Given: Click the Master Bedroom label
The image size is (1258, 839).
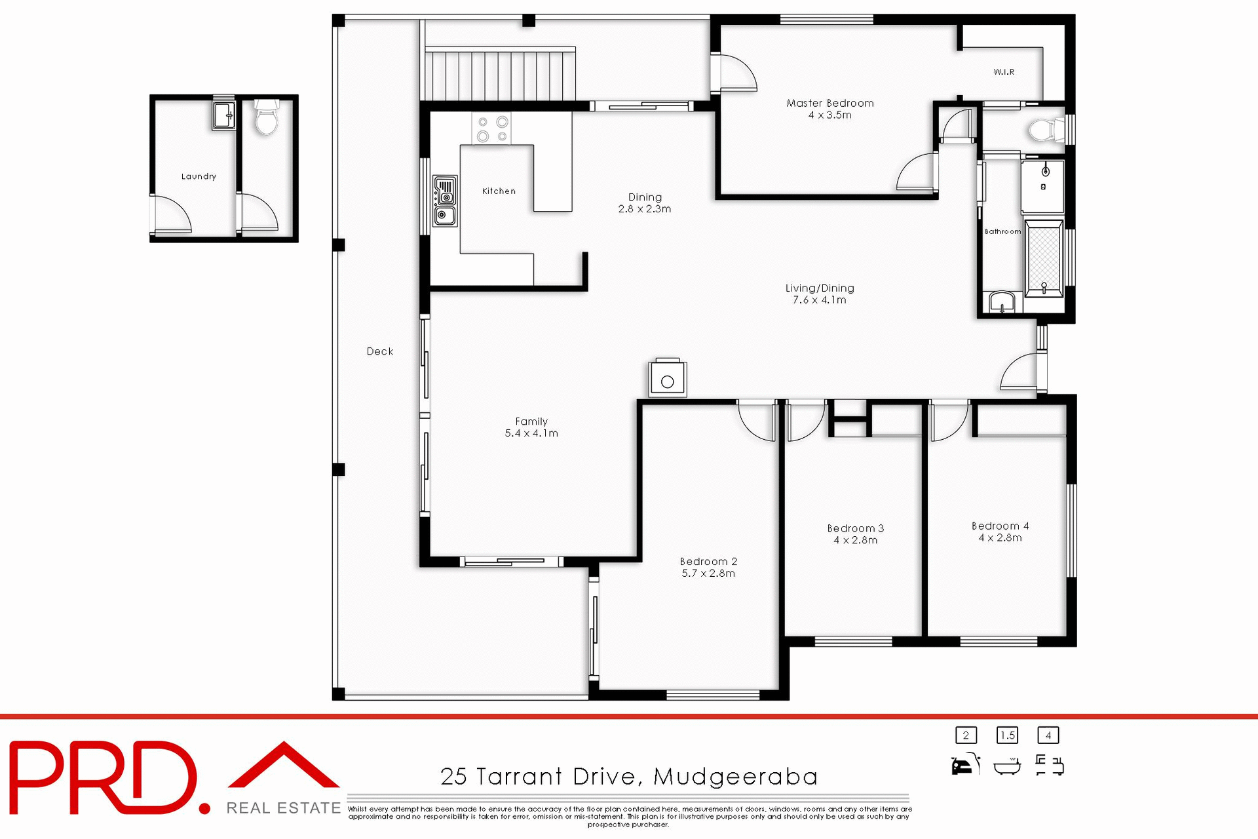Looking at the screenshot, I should (829, 103).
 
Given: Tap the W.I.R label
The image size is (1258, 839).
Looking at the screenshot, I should (1003, 72).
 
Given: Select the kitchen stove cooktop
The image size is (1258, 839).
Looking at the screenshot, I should (491, 128).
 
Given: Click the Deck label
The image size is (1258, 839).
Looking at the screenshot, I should (380, 351).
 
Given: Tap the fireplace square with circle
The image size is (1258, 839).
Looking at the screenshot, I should (667, 380).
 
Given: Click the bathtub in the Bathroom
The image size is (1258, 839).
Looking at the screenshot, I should (1043, 259).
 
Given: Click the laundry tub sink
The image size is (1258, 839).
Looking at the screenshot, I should (223, 115).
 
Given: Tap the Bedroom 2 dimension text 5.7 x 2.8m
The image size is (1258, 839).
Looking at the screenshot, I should (708, 574).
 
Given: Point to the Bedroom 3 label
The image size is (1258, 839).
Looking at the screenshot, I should (855, 528).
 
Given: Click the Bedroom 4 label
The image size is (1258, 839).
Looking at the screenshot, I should (1000, 526).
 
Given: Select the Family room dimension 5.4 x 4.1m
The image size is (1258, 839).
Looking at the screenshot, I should (531, 433).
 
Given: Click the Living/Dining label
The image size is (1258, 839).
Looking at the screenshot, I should (819, 288).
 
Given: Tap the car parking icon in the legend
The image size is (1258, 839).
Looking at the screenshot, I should (964, 765).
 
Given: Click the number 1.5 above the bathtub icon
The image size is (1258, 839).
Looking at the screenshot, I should (1007, 735).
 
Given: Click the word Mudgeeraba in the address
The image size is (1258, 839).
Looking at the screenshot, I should (735, 777).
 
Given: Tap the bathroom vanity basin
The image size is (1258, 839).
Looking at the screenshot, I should (1001, 303).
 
